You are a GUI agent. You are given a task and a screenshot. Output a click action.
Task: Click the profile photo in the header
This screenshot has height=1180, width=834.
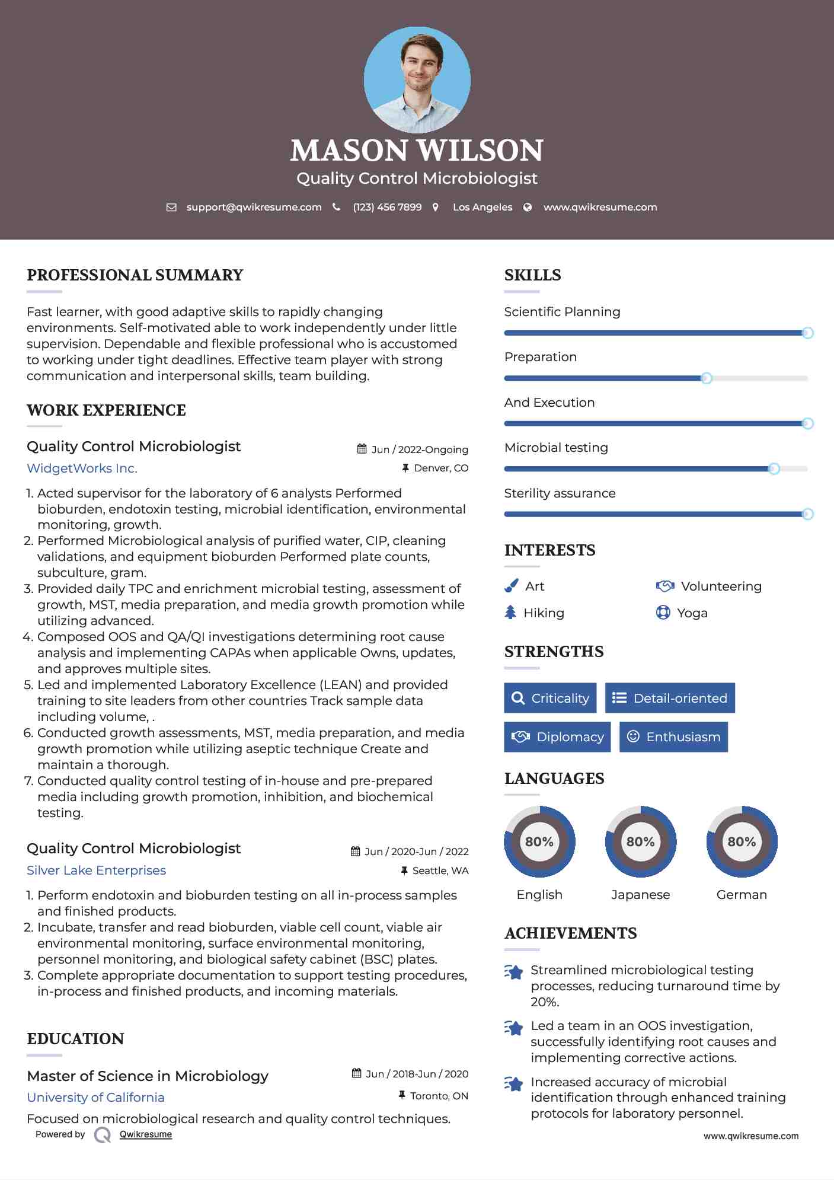(x=417, y=79)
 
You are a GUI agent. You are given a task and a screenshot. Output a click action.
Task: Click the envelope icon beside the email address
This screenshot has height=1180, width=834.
(x=171, y=208)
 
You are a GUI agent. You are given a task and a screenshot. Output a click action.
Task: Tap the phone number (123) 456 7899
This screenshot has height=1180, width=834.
(x=387, y=208)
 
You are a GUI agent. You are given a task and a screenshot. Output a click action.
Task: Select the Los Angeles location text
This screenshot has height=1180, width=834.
(x=482, y=208)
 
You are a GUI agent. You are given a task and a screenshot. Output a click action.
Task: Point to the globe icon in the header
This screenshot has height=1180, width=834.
(x=528, y=208)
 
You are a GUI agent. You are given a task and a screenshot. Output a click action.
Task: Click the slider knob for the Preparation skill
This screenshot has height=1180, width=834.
(x=707, y=378)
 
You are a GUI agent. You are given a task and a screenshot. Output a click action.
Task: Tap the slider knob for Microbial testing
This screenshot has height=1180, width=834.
(x=774, y=469)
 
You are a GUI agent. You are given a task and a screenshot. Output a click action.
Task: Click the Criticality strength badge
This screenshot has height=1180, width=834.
(x=550, y=698)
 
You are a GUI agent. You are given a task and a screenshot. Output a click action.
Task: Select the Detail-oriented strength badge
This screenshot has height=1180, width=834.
(x=670, y=698)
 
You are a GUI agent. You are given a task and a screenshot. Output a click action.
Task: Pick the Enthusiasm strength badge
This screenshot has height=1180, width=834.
(x=673, y=737)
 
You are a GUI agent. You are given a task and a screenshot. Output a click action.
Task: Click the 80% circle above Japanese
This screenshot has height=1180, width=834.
(x=640, y=841)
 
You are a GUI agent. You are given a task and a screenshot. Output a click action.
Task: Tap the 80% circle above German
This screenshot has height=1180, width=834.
(x=742, y=841)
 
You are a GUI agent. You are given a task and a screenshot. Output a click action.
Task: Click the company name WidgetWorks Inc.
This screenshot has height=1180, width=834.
(x=82, y=468)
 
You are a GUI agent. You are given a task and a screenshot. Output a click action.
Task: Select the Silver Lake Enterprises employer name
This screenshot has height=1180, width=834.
(x=96, y=870)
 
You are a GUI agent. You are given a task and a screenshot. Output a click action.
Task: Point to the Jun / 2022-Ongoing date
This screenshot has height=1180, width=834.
(x=419, y=449)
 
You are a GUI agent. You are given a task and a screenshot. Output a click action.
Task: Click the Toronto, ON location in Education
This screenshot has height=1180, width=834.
(x=439, y=1096)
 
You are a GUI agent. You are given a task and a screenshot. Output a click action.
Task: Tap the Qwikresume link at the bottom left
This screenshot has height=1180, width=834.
(x=145, y=1134)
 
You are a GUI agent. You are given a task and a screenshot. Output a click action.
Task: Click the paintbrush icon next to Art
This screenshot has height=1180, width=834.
(x=511, y=586)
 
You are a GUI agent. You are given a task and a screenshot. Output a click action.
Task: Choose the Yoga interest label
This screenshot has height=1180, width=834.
(x=692, y=613)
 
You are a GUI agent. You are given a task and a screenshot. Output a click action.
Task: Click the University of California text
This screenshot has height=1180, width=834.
(x=95, y=1098)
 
